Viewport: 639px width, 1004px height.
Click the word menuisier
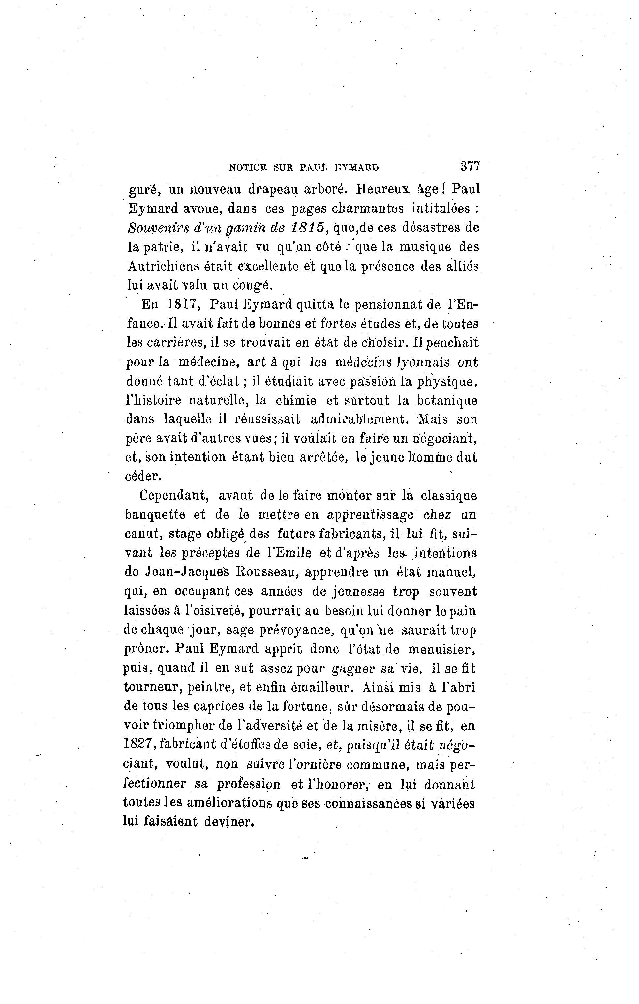(x=442, y=649)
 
